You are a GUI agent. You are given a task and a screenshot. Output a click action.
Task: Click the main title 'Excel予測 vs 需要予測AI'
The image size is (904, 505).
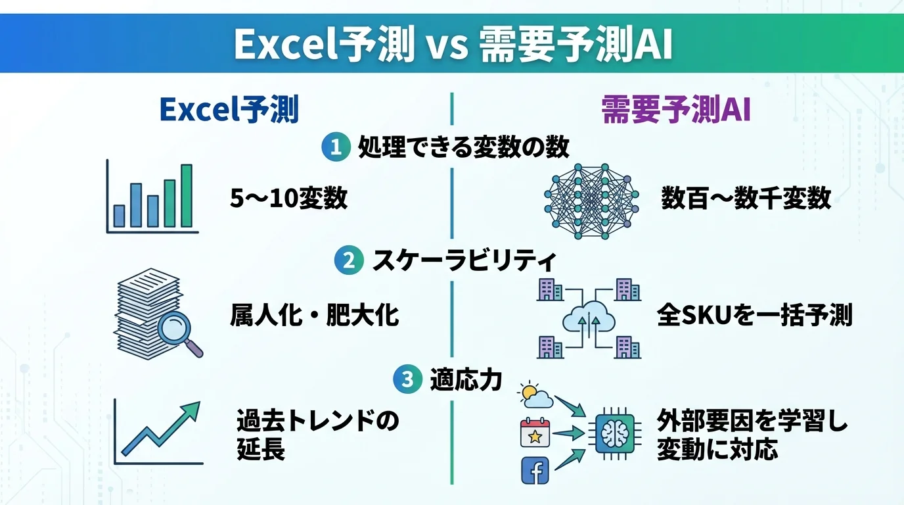point(453,43)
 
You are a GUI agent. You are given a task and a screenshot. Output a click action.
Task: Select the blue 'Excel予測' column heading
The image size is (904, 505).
point(229,110)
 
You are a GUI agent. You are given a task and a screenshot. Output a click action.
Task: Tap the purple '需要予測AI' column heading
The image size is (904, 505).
point(676,110)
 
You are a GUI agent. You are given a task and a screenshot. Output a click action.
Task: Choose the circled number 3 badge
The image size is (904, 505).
point(407,379)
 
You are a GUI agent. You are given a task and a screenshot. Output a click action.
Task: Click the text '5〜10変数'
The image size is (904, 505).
point(288,198)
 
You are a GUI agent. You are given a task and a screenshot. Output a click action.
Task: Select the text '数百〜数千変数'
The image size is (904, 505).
point(746,198)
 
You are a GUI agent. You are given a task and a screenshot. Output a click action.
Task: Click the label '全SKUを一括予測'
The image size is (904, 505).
point(754,316)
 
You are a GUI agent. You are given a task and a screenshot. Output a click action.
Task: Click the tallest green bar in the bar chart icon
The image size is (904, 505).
point(187,195)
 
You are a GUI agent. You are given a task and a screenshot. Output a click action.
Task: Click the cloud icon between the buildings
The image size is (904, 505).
point(589,320)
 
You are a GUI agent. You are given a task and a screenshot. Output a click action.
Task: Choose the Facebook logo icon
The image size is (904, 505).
point(534,470)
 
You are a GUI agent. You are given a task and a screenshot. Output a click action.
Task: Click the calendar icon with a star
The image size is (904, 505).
point(535,433)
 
